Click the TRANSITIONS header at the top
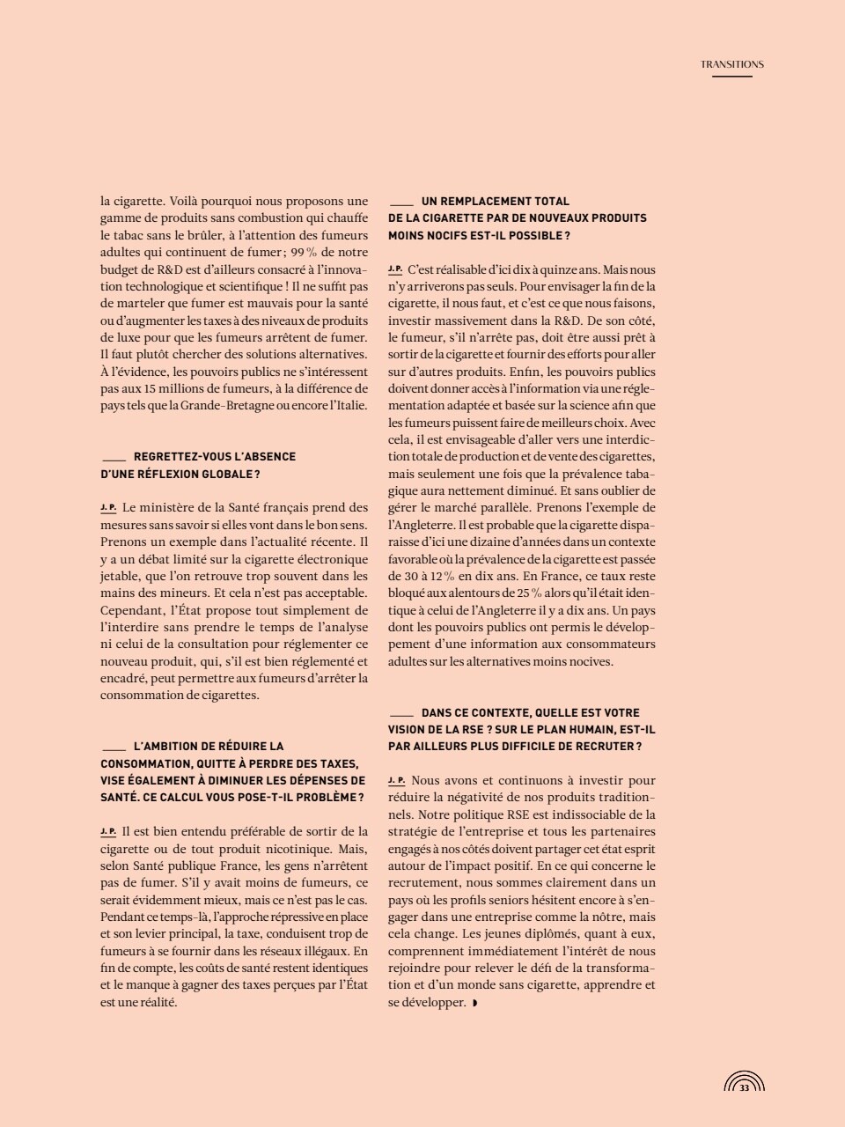[731, 64]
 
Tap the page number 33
[744, 1088]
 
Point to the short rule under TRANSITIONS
[731, 77]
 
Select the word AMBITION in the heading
[179, 746]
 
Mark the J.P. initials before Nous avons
[396, 780]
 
